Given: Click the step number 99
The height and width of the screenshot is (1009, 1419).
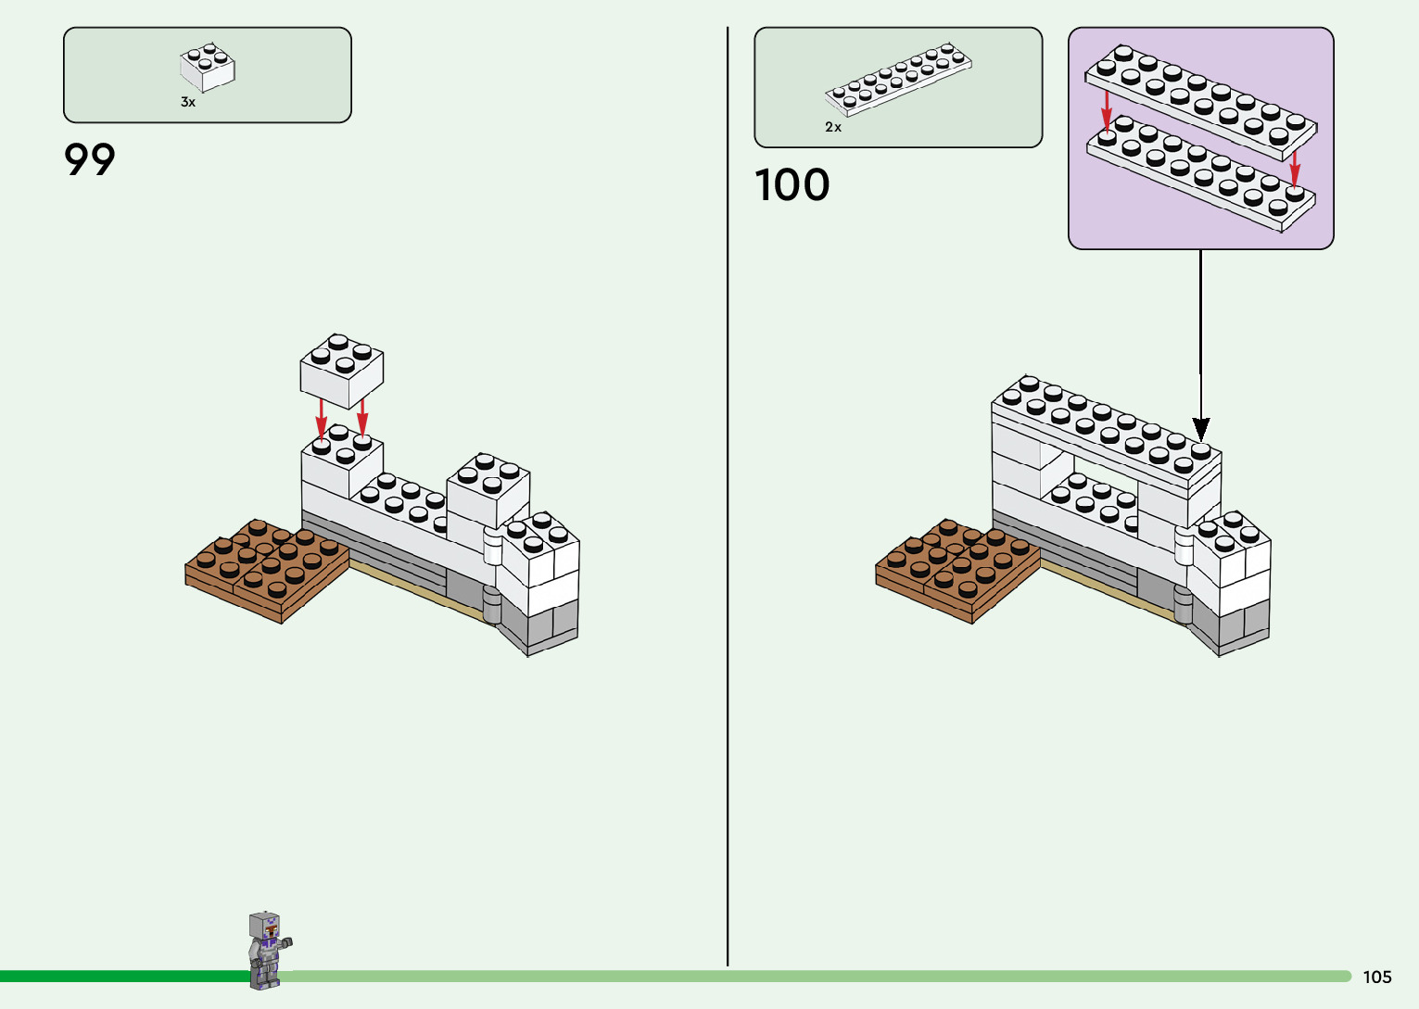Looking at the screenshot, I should (90, 159).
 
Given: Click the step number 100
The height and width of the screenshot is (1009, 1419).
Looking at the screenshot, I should (792, 184).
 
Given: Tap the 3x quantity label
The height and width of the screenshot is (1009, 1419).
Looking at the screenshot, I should (188, 103).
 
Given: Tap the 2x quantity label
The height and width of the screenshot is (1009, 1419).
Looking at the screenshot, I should (833, 128).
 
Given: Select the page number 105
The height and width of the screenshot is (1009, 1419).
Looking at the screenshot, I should (1377, 977).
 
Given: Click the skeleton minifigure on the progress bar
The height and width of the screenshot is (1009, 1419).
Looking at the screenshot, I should (266, 950).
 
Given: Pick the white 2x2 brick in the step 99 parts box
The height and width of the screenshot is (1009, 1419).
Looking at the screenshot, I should (207, 68).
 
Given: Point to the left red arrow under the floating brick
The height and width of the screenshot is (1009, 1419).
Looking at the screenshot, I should (321, 418).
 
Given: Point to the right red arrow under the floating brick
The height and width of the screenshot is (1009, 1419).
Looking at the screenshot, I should (362, 416).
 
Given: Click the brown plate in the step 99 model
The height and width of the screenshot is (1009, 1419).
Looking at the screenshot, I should (266, 567).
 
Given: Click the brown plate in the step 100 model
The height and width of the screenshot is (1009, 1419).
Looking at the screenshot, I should (957, 567).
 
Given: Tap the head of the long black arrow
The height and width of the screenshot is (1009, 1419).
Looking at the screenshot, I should (1201, 430).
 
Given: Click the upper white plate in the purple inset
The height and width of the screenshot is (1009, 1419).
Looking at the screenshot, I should (1202, 102).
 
